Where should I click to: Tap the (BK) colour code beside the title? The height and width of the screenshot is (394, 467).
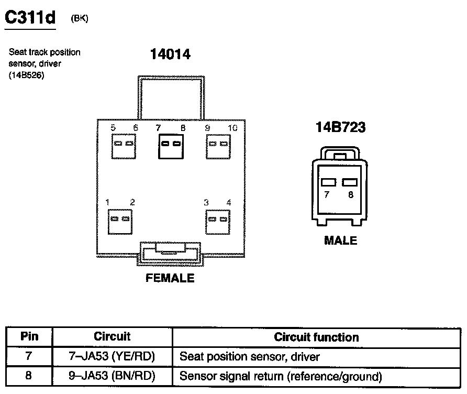pos(79,18)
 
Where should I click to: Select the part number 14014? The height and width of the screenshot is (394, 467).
pos(170,54)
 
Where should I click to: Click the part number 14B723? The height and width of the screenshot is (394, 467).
pos(340,127)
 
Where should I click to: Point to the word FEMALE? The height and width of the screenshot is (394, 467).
pos(170,278)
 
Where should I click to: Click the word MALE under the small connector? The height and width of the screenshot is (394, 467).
pos(340,240)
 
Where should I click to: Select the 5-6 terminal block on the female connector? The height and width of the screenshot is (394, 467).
pos(124,144)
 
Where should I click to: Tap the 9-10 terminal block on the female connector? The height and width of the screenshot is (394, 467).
pos(218,144)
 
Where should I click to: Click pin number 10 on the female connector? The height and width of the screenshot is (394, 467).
pos(232,128)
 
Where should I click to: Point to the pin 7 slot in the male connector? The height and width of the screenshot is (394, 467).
pos(328,182)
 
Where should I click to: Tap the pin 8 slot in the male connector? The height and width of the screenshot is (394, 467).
pos(349,182)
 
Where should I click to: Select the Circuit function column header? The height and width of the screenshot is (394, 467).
pos(316,337)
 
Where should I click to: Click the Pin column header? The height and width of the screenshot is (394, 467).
pos(29,337)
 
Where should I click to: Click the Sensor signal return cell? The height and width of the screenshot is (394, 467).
pos(281,376)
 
